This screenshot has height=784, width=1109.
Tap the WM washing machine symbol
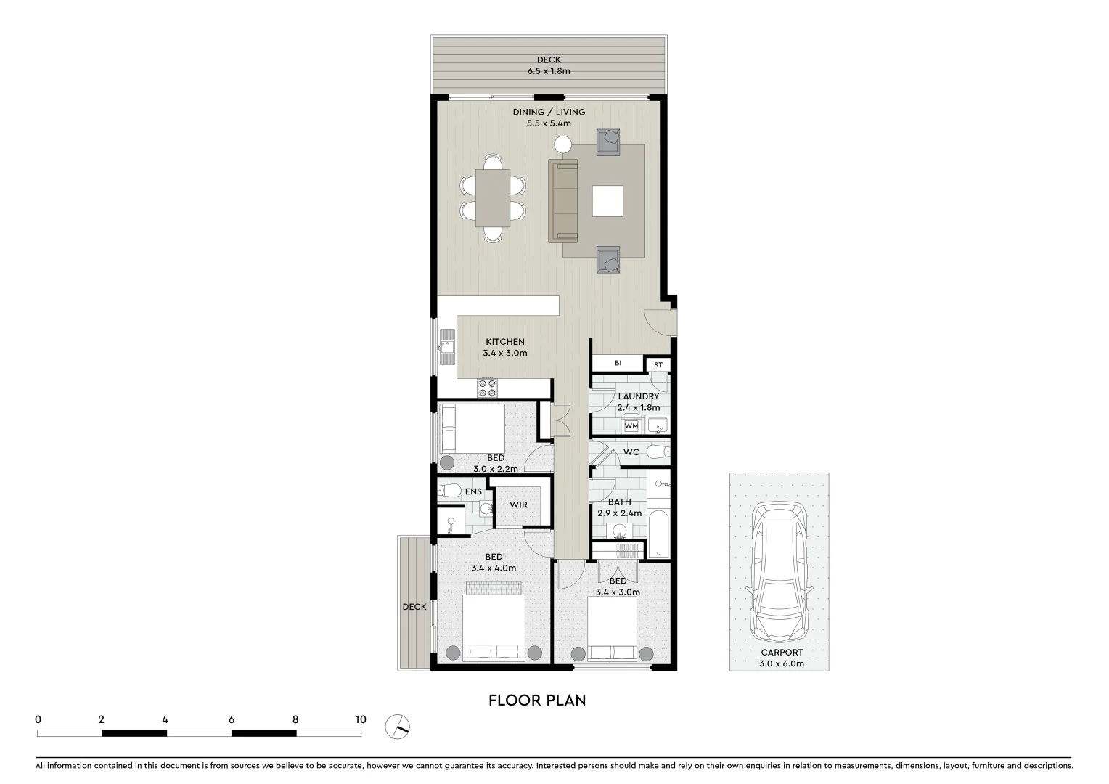pos(631,426)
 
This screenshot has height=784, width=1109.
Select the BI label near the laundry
pos(618,363)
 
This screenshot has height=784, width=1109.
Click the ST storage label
pos(658,364)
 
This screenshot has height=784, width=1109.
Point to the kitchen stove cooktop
pos(487,388)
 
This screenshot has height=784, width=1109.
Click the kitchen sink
pos(446,351)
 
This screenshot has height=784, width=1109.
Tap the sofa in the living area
pos(563,201)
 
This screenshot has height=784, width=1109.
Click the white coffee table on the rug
pos(607,201)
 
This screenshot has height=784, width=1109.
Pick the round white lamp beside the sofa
pos(563,144)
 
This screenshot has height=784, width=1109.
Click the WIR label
pos(518,505)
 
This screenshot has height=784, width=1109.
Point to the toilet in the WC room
pos(657,452)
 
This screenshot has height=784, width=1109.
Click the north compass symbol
pos(398,725)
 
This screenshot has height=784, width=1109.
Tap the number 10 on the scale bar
pos(360,719)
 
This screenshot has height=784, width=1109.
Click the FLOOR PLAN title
pos(537,700)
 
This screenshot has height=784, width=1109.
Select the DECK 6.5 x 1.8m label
pos(549,65)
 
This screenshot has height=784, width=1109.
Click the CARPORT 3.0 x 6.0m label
pos(781,658)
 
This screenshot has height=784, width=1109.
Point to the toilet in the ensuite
pos(451,491)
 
